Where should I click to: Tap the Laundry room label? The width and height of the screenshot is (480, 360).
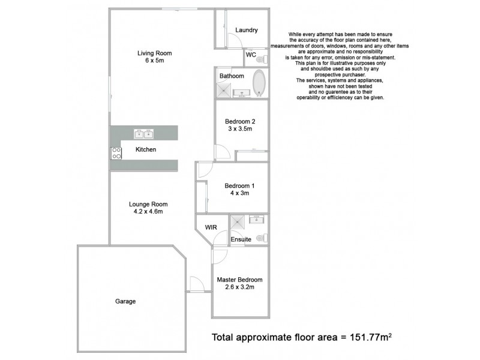tap(247, 30)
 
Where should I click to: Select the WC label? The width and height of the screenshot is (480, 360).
tap(251, 55)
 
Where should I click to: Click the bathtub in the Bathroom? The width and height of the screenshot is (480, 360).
tap(259, 83)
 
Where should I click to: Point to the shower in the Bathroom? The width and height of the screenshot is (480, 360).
tap(224, 90)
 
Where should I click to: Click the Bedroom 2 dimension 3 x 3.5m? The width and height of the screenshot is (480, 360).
tap(241, 128)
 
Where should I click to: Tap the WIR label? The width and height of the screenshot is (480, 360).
tap(211, 228)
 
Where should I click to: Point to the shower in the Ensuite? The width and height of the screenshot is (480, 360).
tap(238, 223)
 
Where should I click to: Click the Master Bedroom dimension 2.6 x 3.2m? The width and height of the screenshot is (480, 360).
tap(239, 287)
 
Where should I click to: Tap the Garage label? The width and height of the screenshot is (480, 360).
tap(125, 301)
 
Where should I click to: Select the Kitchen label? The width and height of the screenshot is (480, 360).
tap(146, 149)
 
